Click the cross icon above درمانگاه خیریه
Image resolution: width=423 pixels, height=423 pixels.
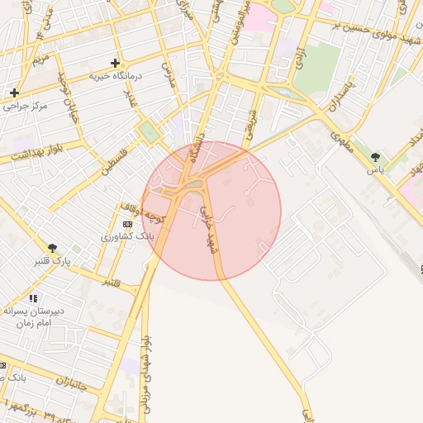point(115,63)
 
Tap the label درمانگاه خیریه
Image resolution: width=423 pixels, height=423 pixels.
point(116,76)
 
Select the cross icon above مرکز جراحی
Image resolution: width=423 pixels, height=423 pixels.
point(14,93)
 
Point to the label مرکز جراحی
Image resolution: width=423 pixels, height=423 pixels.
point(26,106)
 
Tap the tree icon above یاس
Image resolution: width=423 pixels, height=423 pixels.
point(377,156)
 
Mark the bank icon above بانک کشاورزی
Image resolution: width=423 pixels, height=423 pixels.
point(126,224)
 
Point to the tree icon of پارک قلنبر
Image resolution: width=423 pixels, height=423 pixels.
point(53,248)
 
